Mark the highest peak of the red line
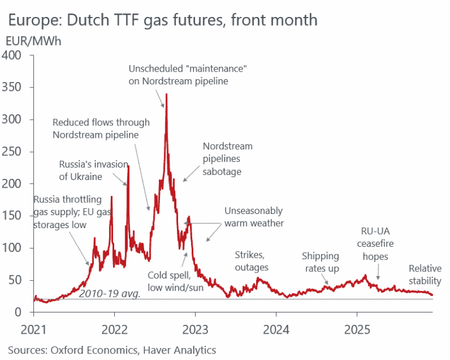click(166, 94)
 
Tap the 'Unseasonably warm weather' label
click(254, 217)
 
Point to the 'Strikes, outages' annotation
click(251, 261)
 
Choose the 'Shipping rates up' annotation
click(321, 262)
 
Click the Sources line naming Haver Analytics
click(112, 350)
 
